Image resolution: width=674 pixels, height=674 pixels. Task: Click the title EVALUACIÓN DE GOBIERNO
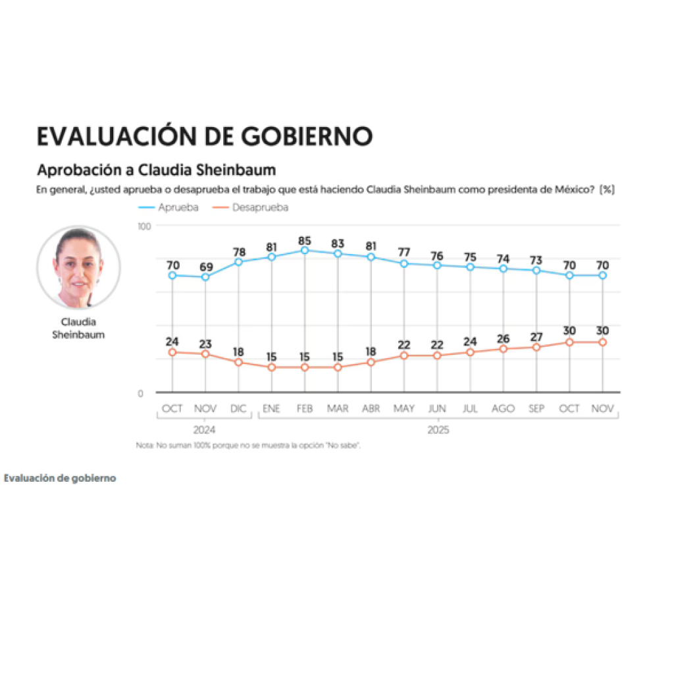point(205,136)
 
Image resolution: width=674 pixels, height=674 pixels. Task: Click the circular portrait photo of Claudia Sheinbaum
point(78,268)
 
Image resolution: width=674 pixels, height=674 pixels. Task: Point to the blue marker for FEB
point(305,251)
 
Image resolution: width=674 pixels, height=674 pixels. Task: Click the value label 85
point(305,240)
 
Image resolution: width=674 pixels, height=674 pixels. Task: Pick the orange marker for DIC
point(238,363)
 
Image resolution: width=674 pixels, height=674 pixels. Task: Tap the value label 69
point(205,267)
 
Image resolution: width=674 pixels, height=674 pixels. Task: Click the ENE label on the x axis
point(271,409)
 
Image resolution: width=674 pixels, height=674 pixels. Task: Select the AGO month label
point(503,409)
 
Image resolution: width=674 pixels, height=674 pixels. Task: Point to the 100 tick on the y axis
point(144,226)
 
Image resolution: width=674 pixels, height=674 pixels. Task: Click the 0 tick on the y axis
point(140,394)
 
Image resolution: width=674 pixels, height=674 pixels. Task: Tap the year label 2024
point(205,430)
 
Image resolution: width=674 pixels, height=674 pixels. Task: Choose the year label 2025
point(438,430)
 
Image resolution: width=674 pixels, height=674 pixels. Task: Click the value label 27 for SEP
point(536,336)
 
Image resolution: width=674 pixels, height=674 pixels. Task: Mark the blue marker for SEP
point(536,271)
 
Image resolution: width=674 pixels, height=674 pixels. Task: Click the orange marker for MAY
point(404,355)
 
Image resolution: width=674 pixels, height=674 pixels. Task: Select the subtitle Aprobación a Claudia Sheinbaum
point(156,170)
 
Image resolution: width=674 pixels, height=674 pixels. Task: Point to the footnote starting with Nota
point(248,446)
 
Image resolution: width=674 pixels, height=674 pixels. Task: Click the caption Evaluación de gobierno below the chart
point(60,478)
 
